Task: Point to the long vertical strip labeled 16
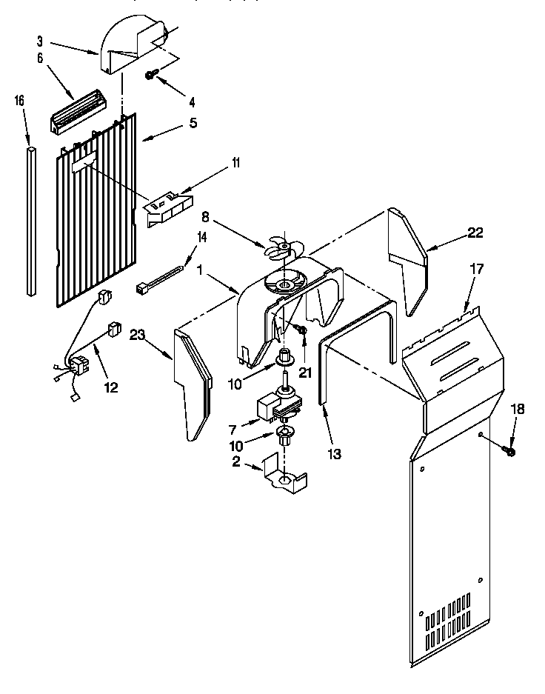30,222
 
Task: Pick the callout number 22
475,233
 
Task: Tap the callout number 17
477,269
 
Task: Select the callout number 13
335,454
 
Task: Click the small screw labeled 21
301,329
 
